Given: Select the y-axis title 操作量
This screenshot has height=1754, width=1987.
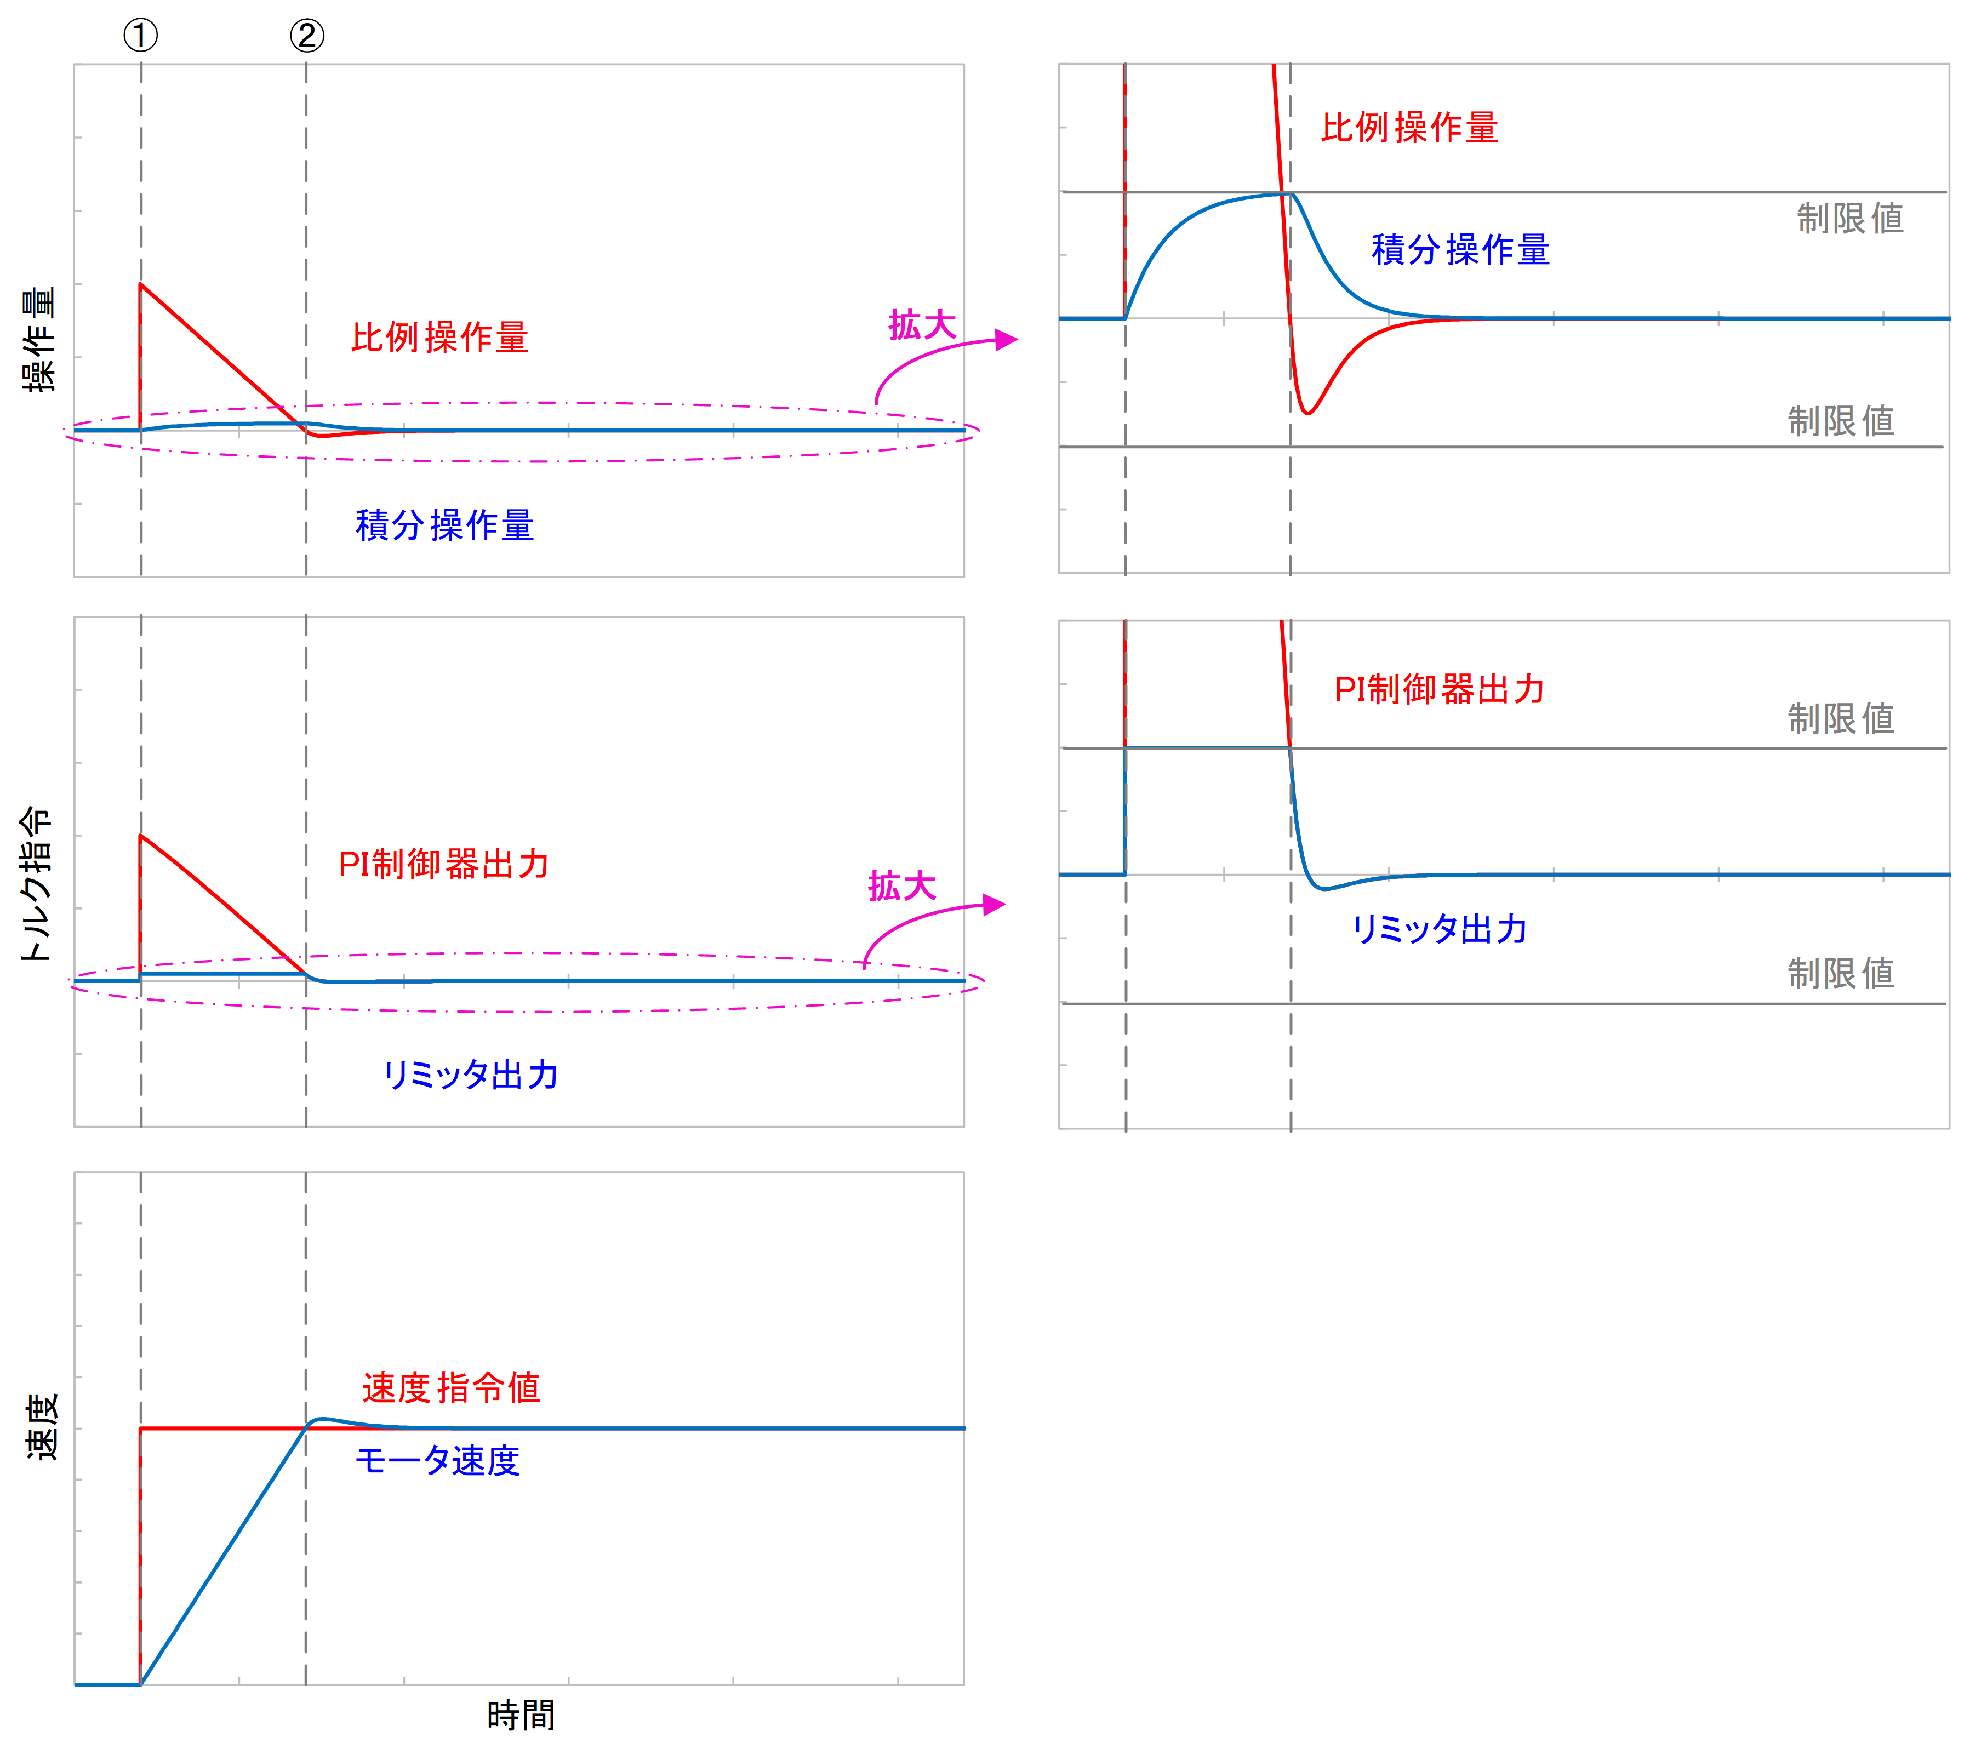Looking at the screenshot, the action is click(x=40, y=339).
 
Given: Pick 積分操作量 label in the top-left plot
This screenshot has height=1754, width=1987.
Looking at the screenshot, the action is click(x=444, y=525).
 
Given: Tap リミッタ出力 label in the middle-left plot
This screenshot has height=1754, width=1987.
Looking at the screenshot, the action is click(x=471, y=1075).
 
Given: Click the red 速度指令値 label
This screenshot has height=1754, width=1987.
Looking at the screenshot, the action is click(x=451, y=1387).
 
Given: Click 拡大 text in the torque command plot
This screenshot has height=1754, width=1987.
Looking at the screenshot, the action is click(x=902, y=885).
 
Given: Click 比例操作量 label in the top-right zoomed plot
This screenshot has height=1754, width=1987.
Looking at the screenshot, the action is click(x=1409, y=127).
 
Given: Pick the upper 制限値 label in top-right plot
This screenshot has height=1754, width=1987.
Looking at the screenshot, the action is click(x=1850, y=218).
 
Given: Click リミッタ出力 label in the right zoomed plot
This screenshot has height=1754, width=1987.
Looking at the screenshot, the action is click(x=1440, y=929).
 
